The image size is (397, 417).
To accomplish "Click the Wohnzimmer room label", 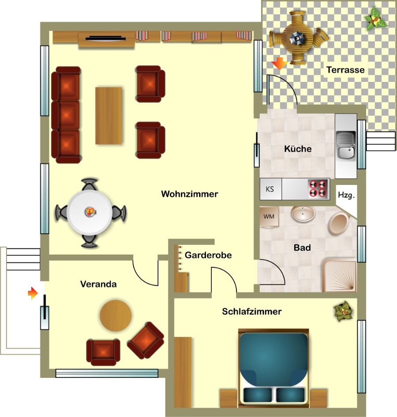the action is (x=189, y=194).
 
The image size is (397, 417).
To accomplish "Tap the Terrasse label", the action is (x=345, y=70).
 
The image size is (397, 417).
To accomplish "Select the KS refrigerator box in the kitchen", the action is (x=270, y=189).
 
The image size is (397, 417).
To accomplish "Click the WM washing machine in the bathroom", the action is (x=269, y=217).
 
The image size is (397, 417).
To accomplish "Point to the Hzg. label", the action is (x=346, y=195).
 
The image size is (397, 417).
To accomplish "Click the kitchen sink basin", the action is (x=346, y=152).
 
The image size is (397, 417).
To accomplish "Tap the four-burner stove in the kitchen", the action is (x=318, y=188).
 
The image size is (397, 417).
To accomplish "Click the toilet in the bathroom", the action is (x=339, y=224).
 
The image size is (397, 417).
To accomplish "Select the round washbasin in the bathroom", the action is (x=303, y=214).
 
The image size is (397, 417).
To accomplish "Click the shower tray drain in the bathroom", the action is (x=352, y=288).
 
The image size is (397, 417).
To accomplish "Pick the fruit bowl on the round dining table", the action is (x=90, y=212).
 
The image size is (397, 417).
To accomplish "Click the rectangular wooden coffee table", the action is (x=109, y=116).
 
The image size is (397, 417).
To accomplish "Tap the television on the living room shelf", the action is (x=105, y=39).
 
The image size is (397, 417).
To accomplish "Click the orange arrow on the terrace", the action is (x=279, y=63).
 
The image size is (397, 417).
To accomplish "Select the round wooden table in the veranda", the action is (x=116, y=316).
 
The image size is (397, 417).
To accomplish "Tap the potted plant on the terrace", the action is (x=375, y=19).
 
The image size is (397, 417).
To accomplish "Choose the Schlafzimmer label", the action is (x=252, y=311).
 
